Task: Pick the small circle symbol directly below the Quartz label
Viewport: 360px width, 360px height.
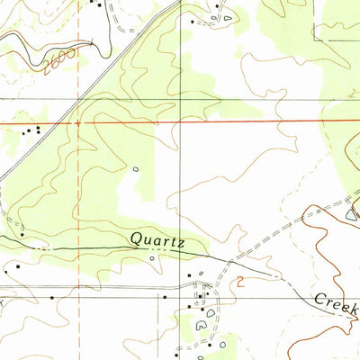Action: pos(152,258)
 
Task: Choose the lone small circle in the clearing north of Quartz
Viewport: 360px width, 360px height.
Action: pos(136,168)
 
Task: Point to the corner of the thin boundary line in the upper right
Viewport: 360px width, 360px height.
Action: pos(314,39)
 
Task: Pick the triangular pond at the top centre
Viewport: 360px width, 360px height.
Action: pos(227,16)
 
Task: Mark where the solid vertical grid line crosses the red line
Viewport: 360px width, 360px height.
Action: pos(178,120)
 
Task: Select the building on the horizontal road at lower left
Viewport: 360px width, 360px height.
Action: pos(52,296)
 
